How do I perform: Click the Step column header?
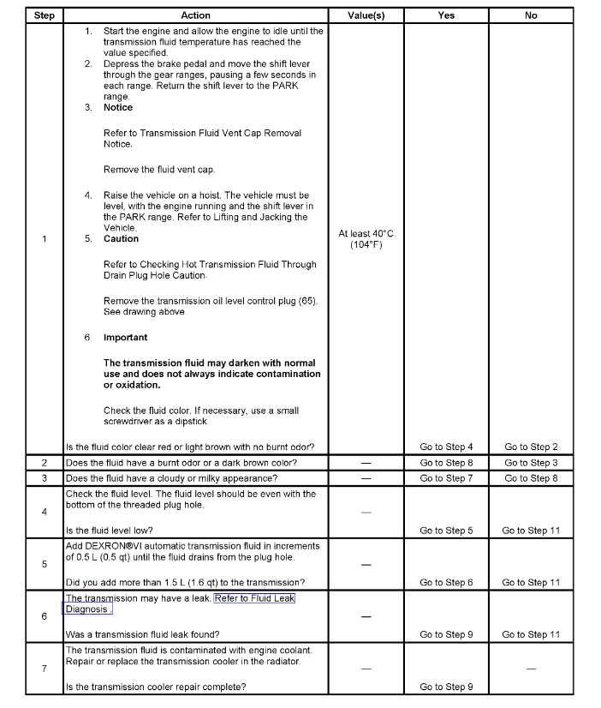pos(44,15)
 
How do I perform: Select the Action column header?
pos(195,15)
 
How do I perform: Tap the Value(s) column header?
pos(366,15)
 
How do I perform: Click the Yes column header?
pos(446,15)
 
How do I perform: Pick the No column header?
pos(531,15)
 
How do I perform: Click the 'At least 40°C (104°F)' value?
pos(366,239)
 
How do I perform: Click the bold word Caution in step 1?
pos(121,239)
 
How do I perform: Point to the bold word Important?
pos(125,338)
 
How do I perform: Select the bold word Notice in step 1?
pos(118,108)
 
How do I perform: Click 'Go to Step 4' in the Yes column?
pos(446,447)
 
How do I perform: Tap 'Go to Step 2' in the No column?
pos(531,447)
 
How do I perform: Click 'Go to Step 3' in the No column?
pos(531,463)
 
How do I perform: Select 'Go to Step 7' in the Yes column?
pos(446,478)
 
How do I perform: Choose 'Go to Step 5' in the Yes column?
pos(446,531)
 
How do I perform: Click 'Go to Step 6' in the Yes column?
pos(446,583)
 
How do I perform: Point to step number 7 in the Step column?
pos(44,669)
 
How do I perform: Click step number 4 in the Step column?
pos(44,512)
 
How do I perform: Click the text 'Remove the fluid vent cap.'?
pos(159,170)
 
